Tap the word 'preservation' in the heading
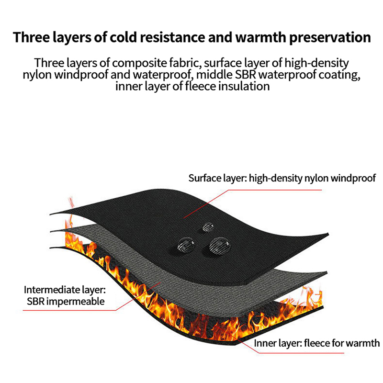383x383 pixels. point(330,38)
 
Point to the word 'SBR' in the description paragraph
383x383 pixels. point(245,75)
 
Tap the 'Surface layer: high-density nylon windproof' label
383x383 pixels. point(282,178)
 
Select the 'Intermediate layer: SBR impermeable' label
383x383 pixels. point(65,295)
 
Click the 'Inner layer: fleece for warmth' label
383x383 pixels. point(317,343)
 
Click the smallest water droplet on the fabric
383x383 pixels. point(208,227)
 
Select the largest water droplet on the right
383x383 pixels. point(220,246)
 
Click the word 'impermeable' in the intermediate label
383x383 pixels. point(76,302)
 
